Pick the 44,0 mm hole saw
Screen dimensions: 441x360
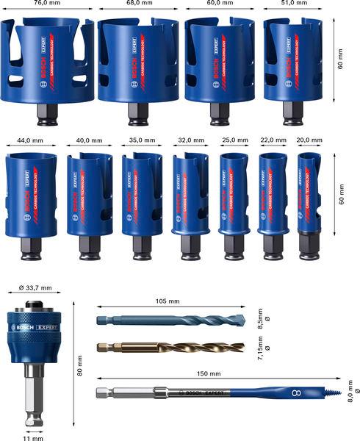tap(30, 196)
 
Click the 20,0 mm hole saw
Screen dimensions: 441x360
tap(309, 195)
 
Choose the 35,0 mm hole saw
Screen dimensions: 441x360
tap(142, 195)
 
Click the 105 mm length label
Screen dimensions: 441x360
tap(168, 301)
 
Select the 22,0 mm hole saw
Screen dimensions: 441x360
tap(273, 195)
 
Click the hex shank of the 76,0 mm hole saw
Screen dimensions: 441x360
tap(46, 112)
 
